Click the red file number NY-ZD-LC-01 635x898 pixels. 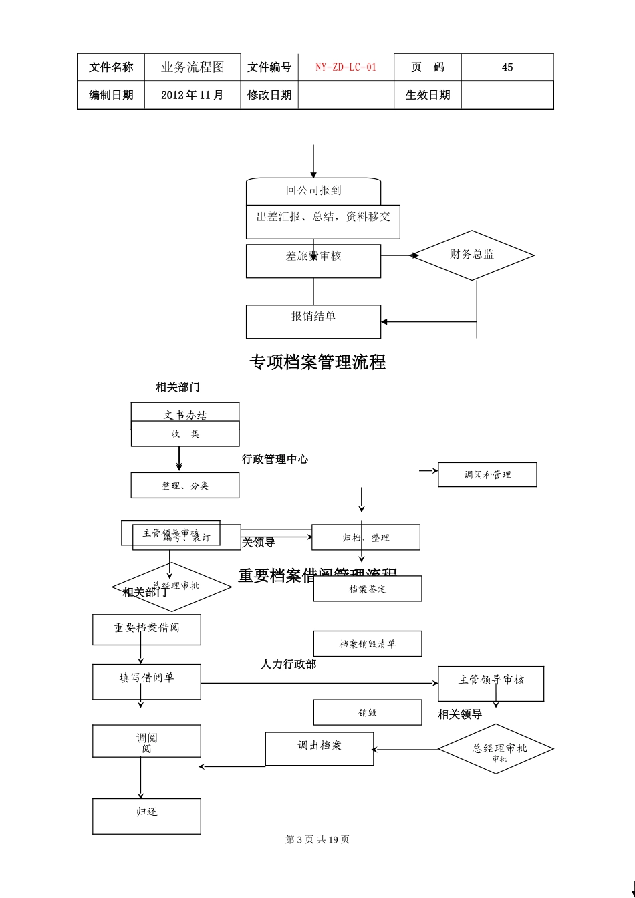346,67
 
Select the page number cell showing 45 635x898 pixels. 507,67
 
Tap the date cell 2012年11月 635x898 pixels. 193,95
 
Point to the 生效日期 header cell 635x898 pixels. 427,95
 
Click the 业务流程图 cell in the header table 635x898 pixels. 193,67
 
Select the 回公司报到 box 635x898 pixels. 313,191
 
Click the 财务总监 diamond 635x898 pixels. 472,255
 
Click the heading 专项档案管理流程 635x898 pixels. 317,362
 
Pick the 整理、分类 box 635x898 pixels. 185,486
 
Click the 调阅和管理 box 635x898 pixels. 487,474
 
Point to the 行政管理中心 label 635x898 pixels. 275,459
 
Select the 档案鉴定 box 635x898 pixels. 368,589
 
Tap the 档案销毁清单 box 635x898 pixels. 368,643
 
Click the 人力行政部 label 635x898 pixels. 288,664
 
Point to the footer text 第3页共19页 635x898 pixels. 317,839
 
